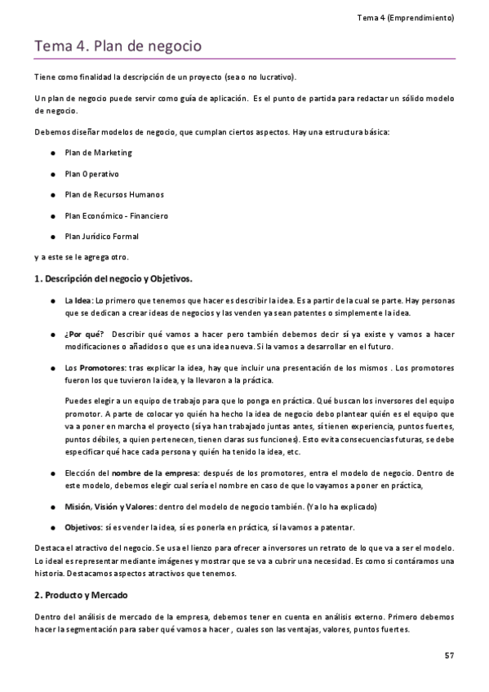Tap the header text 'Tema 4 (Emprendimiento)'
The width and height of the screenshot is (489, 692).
[x=406, y=17]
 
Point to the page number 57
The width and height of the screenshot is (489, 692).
[x=449, y=655]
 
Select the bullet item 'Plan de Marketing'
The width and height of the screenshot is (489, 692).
[x=98, y=153]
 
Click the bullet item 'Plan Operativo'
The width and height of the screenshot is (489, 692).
[x=91, y=174]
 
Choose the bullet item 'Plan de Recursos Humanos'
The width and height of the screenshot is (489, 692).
[x=113, y=195]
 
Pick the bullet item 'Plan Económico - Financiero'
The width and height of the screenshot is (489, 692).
[x=116, y=216]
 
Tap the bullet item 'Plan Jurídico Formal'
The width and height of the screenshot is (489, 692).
[x=101, y=237]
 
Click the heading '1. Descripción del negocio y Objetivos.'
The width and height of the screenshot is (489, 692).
[x=113, y=279]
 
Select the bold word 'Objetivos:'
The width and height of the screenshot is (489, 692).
[x=84, y=526]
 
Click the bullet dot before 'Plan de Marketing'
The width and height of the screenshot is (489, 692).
[x=52, y=153]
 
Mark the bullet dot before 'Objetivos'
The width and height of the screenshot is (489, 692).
[x=52, y=526]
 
